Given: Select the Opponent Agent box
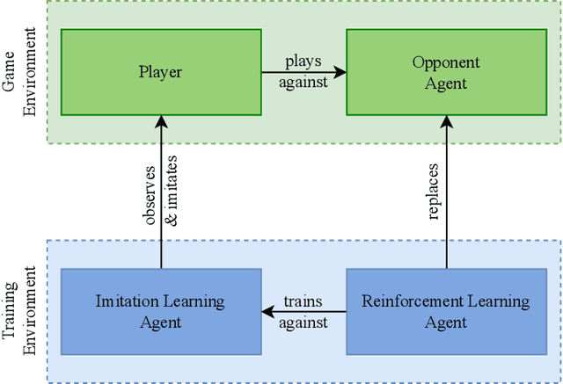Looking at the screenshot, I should tap(446, 72).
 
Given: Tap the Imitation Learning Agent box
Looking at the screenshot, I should tap(161, 311).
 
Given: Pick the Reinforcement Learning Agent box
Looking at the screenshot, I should tap(446, 311).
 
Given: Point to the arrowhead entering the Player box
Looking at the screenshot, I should tap(161, 121).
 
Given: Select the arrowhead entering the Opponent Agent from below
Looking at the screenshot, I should tap(446, 121).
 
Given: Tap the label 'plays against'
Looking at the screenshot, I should tap(303, 73).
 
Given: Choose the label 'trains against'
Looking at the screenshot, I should tap(303, 312).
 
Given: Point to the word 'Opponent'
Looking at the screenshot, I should tap(446, 62).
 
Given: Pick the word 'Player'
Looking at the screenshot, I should tap(161, 72).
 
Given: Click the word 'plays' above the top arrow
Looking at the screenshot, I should tap(303, 62).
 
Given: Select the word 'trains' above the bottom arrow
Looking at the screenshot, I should tap(303, 301).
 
